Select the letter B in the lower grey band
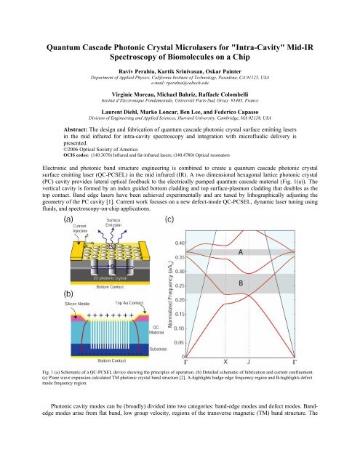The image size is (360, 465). tap(273, 281)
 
